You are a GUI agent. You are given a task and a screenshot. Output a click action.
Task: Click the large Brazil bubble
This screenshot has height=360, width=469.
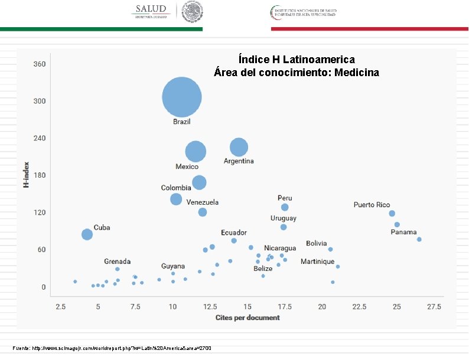pos(182,97)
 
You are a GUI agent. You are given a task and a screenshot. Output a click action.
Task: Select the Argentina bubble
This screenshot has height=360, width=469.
pos(239,147)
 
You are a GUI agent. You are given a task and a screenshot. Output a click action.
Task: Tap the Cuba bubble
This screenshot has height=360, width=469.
pos(87,234)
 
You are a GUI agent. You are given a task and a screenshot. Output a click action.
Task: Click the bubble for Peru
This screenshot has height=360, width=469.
pos(285,207)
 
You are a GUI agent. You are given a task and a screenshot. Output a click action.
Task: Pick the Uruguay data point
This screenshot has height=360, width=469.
pos(284,227)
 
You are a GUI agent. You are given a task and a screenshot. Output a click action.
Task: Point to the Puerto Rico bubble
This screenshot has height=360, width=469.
pos(392,214)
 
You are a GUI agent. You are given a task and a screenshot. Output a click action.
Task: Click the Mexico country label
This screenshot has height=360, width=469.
pos(187,167)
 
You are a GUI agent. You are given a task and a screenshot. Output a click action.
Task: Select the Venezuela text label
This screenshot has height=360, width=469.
pos(203,202)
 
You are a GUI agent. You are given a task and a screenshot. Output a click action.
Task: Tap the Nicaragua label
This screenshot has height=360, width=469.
pos(280,248)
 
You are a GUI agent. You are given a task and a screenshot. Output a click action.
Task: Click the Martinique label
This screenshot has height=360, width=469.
pos(317,261)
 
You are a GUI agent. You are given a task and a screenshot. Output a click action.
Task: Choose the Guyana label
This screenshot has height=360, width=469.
pos(173,266)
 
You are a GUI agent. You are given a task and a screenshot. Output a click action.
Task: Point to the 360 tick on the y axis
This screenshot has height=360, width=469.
pos(40,64)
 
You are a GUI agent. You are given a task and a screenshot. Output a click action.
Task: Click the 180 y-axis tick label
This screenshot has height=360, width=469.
pos(40,175)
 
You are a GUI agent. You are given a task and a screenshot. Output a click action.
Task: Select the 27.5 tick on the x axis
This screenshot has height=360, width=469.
pos(434,307)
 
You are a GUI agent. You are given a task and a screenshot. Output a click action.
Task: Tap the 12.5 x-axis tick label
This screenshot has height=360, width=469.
pos(210,307)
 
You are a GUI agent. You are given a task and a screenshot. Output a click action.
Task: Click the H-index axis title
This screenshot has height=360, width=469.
pos(26,175)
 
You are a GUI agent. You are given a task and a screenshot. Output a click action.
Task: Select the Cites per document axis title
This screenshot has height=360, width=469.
pos(247,318)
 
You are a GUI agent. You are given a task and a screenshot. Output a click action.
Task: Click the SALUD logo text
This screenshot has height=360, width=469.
pos(151,9)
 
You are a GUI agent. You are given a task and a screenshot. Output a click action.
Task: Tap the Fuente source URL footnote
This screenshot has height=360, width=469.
pos(112,348)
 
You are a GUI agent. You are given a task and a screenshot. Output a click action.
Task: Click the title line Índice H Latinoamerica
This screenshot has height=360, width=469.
pos(297,60)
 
